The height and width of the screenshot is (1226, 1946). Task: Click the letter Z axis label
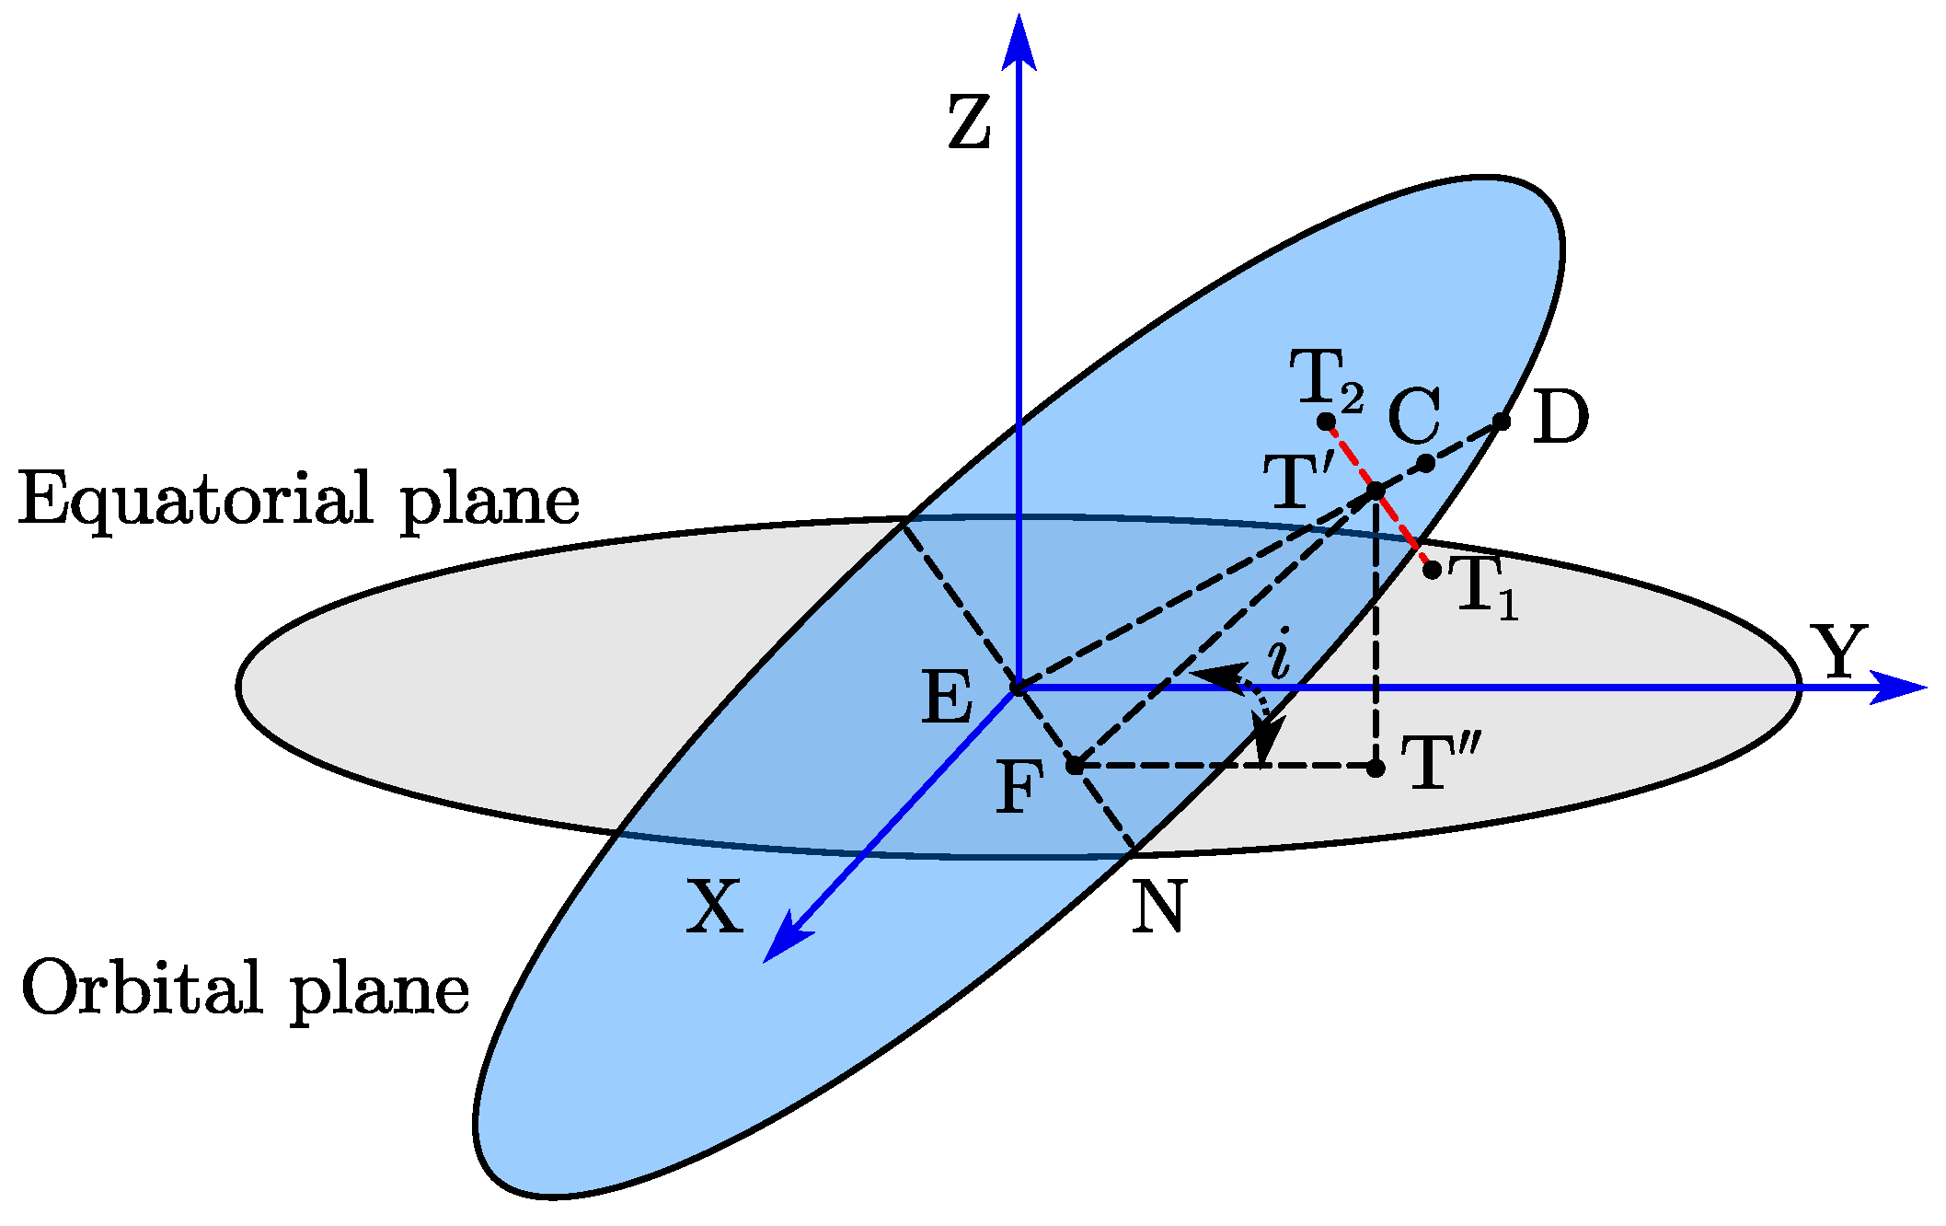coord(970,123)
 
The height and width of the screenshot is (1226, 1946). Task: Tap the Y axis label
coord(1838,651)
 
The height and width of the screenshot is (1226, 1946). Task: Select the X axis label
coord(714,907)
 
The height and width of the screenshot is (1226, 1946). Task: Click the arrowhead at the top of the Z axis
coord(1019,41)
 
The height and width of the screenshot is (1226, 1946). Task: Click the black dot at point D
coord(1502,422)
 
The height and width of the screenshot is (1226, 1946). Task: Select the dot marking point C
coord(1425,463)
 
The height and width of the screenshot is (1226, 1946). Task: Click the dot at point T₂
coord(1326,422)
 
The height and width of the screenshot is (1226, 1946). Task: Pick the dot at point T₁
coord(1433,570)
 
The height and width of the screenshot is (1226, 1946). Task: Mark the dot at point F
coord(1074,765)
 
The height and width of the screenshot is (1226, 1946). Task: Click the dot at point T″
coord(1376,768)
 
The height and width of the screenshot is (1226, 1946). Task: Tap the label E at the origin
coord(947,698)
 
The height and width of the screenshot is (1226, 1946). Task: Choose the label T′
coord(1298,480)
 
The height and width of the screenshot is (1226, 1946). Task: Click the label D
coord(1560,417)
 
